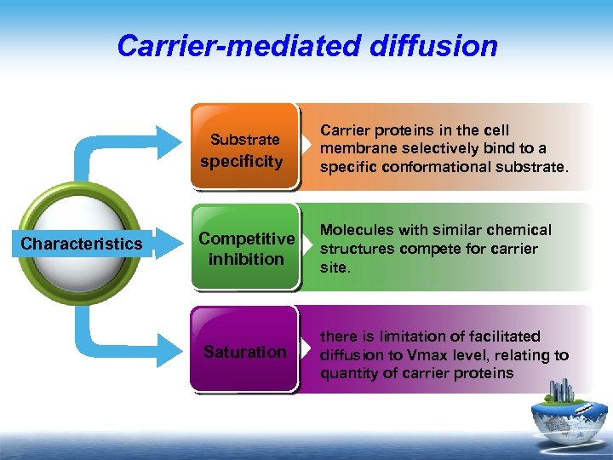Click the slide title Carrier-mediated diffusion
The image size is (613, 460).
[x=307, y=45]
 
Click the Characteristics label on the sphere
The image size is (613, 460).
[x=82, y=244]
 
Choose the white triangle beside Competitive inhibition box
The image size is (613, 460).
[x=308, y=248]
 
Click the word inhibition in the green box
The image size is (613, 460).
[x=246, y=258]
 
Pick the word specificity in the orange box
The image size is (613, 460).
[x=242, y=161]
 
